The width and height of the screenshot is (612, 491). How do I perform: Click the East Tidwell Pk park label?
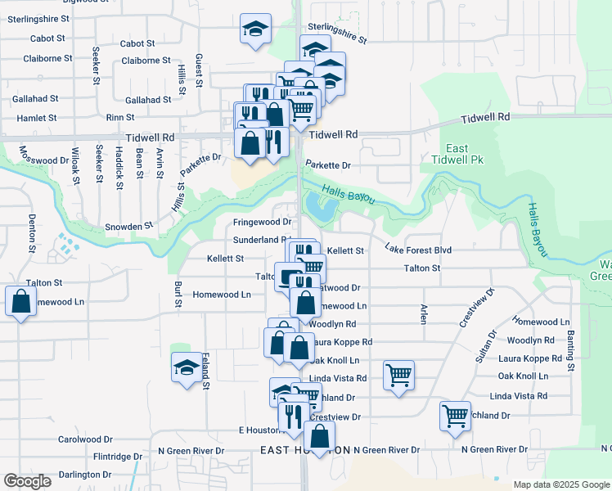[457, 154]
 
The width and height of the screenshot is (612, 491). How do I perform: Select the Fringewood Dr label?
[262, 222]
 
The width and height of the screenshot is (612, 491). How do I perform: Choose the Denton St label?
[32, 232]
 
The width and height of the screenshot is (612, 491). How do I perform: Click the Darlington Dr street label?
[84, 474]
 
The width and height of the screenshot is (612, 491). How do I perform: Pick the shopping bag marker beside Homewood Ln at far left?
[20, 302]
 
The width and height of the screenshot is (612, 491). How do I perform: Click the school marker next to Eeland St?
[187, 367]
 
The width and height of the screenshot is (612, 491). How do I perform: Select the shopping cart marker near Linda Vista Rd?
[398, 376]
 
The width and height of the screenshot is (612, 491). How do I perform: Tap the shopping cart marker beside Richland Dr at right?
[455, 415]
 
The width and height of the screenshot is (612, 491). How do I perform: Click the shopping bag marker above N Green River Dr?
[319, 435]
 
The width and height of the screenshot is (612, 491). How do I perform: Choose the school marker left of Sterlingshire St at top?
[255, 29]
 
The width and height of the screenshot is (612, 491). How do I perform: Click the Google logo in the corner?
[28, 481]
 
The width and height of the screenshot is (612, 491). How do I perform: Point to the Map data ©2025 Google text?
[560, 484]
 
